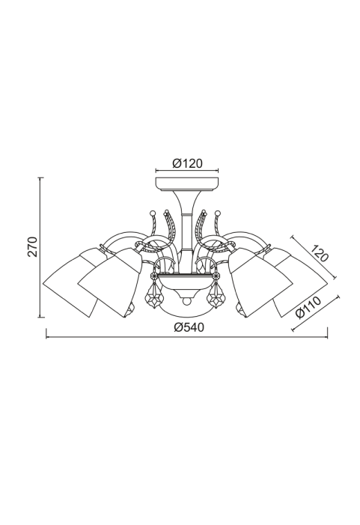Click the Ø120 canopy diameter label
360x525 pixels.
click(x=187, y=163)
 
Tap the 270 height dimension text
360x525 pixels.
click(x=33, y=246)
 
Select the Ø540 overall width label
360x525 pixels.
click(x=189, y=327)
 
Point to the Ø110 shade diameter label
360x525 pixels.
click(x=308, y=307)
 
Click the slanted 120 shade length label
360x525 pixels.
click(x=319, y=253)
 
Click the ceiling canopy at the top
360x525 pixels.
click(x=187, y=183)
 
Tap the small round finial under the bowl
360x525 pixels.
click(x=186, y=301)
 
